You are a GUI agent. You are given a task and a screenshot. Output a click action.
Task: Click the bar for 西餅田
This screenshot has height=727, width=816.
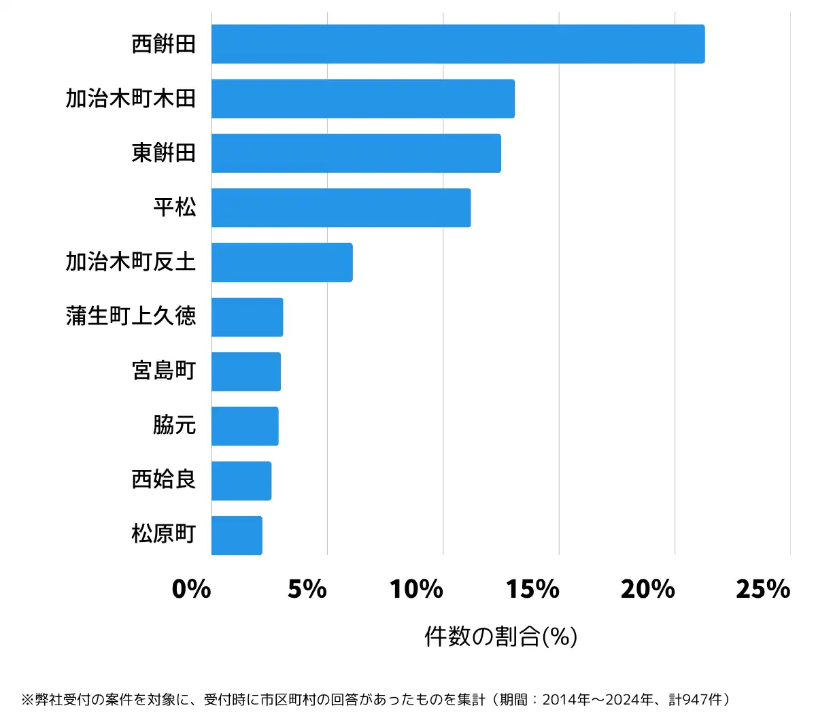click(458, 44)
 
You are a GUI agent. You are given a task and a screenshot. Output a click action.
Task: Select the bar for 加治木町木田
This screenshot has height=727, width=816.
click(362, 99)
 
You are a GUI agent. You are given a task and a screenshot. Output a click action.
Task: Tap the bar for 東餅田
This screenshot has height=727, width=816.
click(356, 153)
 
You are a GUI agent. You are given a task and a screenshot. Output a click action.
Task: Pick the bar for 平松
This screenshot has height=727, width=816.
click(341, 207)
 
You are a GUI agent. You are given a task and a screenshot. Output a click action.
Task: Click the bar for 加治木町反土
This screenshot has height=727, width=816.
click(282, 262)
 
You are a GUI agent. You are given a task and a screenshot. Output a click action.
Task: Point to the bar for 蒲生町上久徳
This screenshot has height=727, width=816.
click(247, 317)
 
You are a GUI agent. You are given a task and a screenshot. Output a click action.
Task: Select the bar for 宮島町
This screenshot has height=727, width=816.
click(245, 371)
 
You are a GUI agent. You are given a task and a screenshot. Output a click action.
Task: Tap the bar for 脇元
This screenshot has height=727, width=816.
click(245, 426)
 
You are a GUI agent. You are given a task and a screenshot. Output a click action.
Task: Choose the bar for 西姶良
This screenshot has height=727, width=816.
click(241, 481)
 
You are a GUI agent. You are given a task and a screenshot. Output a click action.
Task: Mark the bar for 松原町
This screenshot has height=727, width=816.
click(237, 535)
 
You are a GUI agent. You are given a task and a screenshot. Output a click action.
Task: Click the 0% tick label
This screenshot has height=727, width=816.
click(191, 589)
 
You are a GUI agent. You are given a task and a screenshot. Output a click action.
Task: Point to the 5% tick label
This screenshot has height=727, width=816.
click(307, 589)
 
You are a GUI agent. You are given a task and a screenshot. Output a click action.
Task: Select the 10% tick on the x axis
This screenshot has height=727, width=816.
click(416, 589)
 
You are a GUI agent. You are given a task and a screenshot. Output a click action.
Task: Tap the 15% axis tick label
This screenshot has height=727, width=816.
click(532, 589)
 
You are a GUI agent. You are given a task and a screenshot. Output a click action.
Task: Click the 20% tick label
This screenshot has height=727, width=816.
click(648, 589)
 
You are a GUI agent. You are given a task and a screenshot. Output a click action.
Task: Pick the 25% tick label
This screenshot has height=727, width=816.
click(763, 589)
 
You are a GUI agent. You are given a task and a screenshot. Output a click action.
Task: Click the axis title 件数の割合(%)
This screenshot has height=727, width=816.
click(500, 637)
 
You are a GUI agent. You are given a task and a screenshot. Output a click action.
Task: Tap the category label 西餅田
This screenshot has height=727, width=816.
click(163, 44)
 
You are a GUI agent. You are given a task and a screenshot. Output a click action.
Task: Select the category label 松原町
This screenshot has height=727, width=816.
click(163, 534)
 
